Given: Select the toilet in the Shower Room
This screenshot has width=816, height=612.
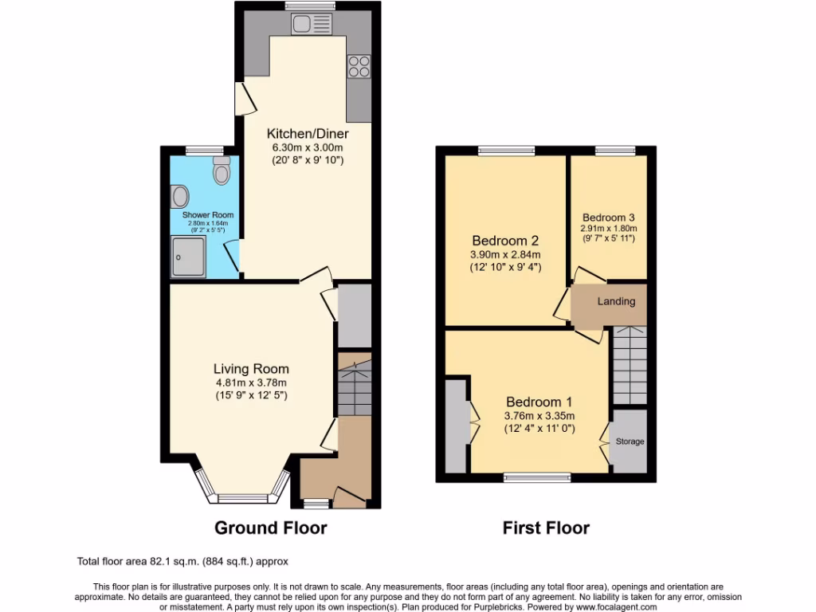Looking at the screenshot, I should [221, 170].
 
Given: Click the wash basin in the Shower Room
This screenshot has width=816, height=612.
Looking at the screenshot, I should [180, 196].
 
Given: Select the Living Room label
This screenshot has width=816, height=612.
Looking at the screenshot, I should [251, 368].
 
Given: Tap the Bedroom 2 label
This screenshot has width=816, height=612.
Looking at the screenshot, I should [505, 241].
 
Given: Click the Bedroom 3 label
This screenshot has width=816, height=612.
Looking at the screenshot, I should [609, 217].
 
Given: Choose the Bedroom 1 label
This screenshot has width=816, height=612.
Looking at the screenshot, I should [539, 402].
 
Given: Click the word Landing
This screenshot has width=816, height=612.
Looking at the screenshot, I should [617, 301].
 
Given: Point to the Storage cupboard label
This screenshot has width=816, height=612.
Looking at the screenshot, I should [630, 441].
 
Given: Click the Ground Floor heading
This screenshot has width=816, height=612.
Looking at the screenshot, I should [271, 528].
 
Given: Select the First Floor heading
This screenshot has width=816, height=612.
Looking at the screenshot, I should [546, 528].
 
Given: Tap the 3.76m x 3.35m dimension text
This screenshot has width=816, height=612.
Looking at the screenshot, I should [539, 416].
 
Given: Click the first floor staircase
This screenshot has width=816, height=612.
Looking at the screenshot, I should [630, 367].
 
